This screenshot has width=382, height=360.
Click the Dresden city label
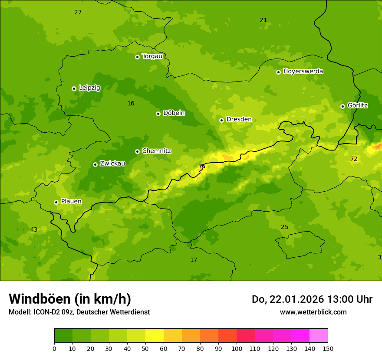pyautogui.click(x=239, y=119)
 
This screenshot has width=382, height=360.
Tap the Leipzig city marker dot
pyautogui.click(x=74, y=88)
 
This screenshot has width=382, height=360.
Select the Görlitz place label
pyautogui.click(x=358, y=105)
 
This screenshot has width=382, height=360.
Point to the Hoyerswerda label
pyautogui.click(x=303, y=71)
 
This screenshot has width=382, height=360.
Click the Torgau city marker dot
pyautogui.click(x=137, y=57)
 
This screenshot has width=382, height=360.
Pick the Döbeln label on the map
pyautogui.click(x=174, y=113)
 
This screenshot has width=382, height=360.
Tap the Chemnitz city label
pyautogui.click(x=156, y=151)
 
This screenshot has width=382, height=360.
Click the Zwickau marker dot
pyautogui.click(x=95, y=164)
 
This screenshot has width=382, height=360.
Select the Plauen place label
pyautogui.click(x=71, y=201)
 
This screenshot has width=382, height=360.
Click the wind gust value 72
pyautogui.click(x=354, y=159)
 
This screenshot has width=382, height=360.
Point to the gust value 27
pyautogui.click(x=78, y=12)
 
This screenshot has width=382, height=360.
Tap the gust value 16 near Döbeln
pyautogui.click(x=131, y=103)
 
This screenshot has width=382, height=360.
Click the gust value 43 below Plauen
pyautogui.click(x=34, y=229)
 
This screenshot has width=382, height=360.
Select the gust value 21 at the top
pyautogui.click(x=263, y=20)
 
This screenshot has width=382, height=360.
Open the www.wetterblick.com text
pyautogui.click(x=313, y=312)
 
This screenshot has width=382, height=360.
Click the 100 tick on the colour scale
pyautogui.click(x=237, y=348)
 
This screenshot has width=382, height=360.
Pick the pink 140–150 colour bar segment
pyautogui.click(x=318, y=336)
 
